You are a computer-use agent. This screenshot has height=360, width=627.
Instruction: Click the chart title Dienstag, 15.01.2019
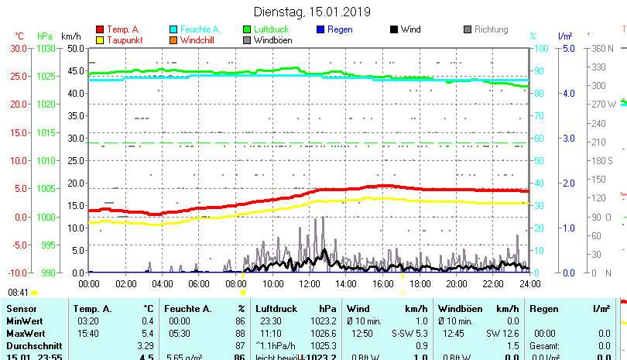click(x=313, y=12)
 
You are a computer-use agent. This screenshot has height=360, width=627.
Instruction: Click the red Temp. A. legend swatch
click(x=101, y=29)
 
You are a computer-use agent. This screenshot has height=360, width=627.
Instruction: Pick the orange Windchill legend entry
click(x=197, y=40)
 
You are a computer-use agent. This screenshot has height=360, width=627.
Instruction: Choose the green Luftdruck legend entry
click(x=274, y=29)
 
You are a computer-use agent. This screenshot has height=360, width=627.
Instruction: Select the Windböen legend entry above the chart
click(x=272, y=40)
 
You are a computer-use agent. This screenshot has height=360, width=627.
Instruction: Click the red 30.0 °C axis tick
click(x=18, y=48)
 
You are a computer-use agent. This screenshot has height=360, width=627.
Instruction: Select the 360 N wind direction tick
click(x=604, y=48)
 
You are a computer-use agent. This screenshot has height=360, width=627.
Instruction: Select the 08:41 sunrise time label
click(x=18, y=293)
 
